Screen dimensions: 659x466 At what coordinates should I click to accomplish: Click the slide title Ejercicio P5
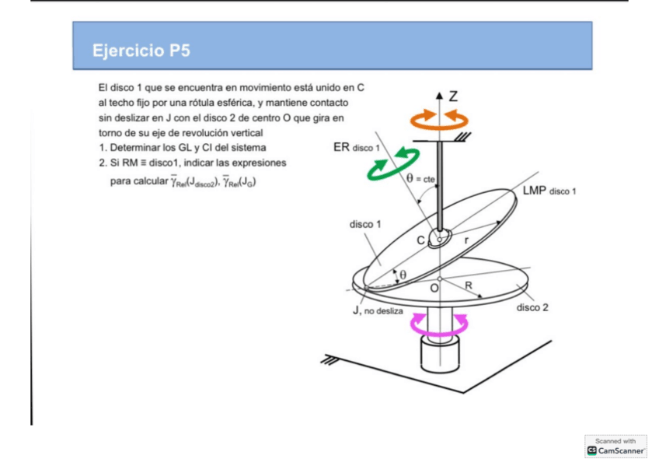point(141,51)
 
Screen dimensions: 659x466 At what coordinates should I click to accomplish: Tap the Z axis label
point(453,96)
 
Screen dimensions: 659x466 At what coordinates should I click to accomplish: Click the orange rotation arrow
point(440,118)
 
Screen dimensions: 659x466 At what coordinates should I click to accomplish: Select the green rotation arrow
point(394,166)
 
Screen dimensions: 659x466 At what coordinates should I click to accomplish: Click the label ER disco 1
point(356,146)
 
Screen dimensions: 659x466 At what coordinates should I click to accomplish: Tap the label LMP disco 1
point(544,190)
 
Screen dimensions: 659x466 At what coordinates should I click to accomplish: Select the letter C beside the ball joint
point(420,240)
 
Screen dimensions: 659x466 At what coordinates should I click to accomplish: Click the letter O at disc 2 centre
point(434,288)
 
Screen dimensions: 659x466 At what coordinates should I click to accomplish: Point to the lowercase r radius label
point(465,241)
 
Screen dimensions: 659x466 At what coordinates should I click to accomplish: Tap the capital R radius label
point(469,286)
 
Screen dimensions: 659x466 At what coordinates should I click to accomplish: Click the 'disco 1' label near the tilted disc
point(364,224)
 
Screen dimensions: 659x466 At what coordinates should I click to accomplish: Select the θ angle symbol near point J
point(403,275)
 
